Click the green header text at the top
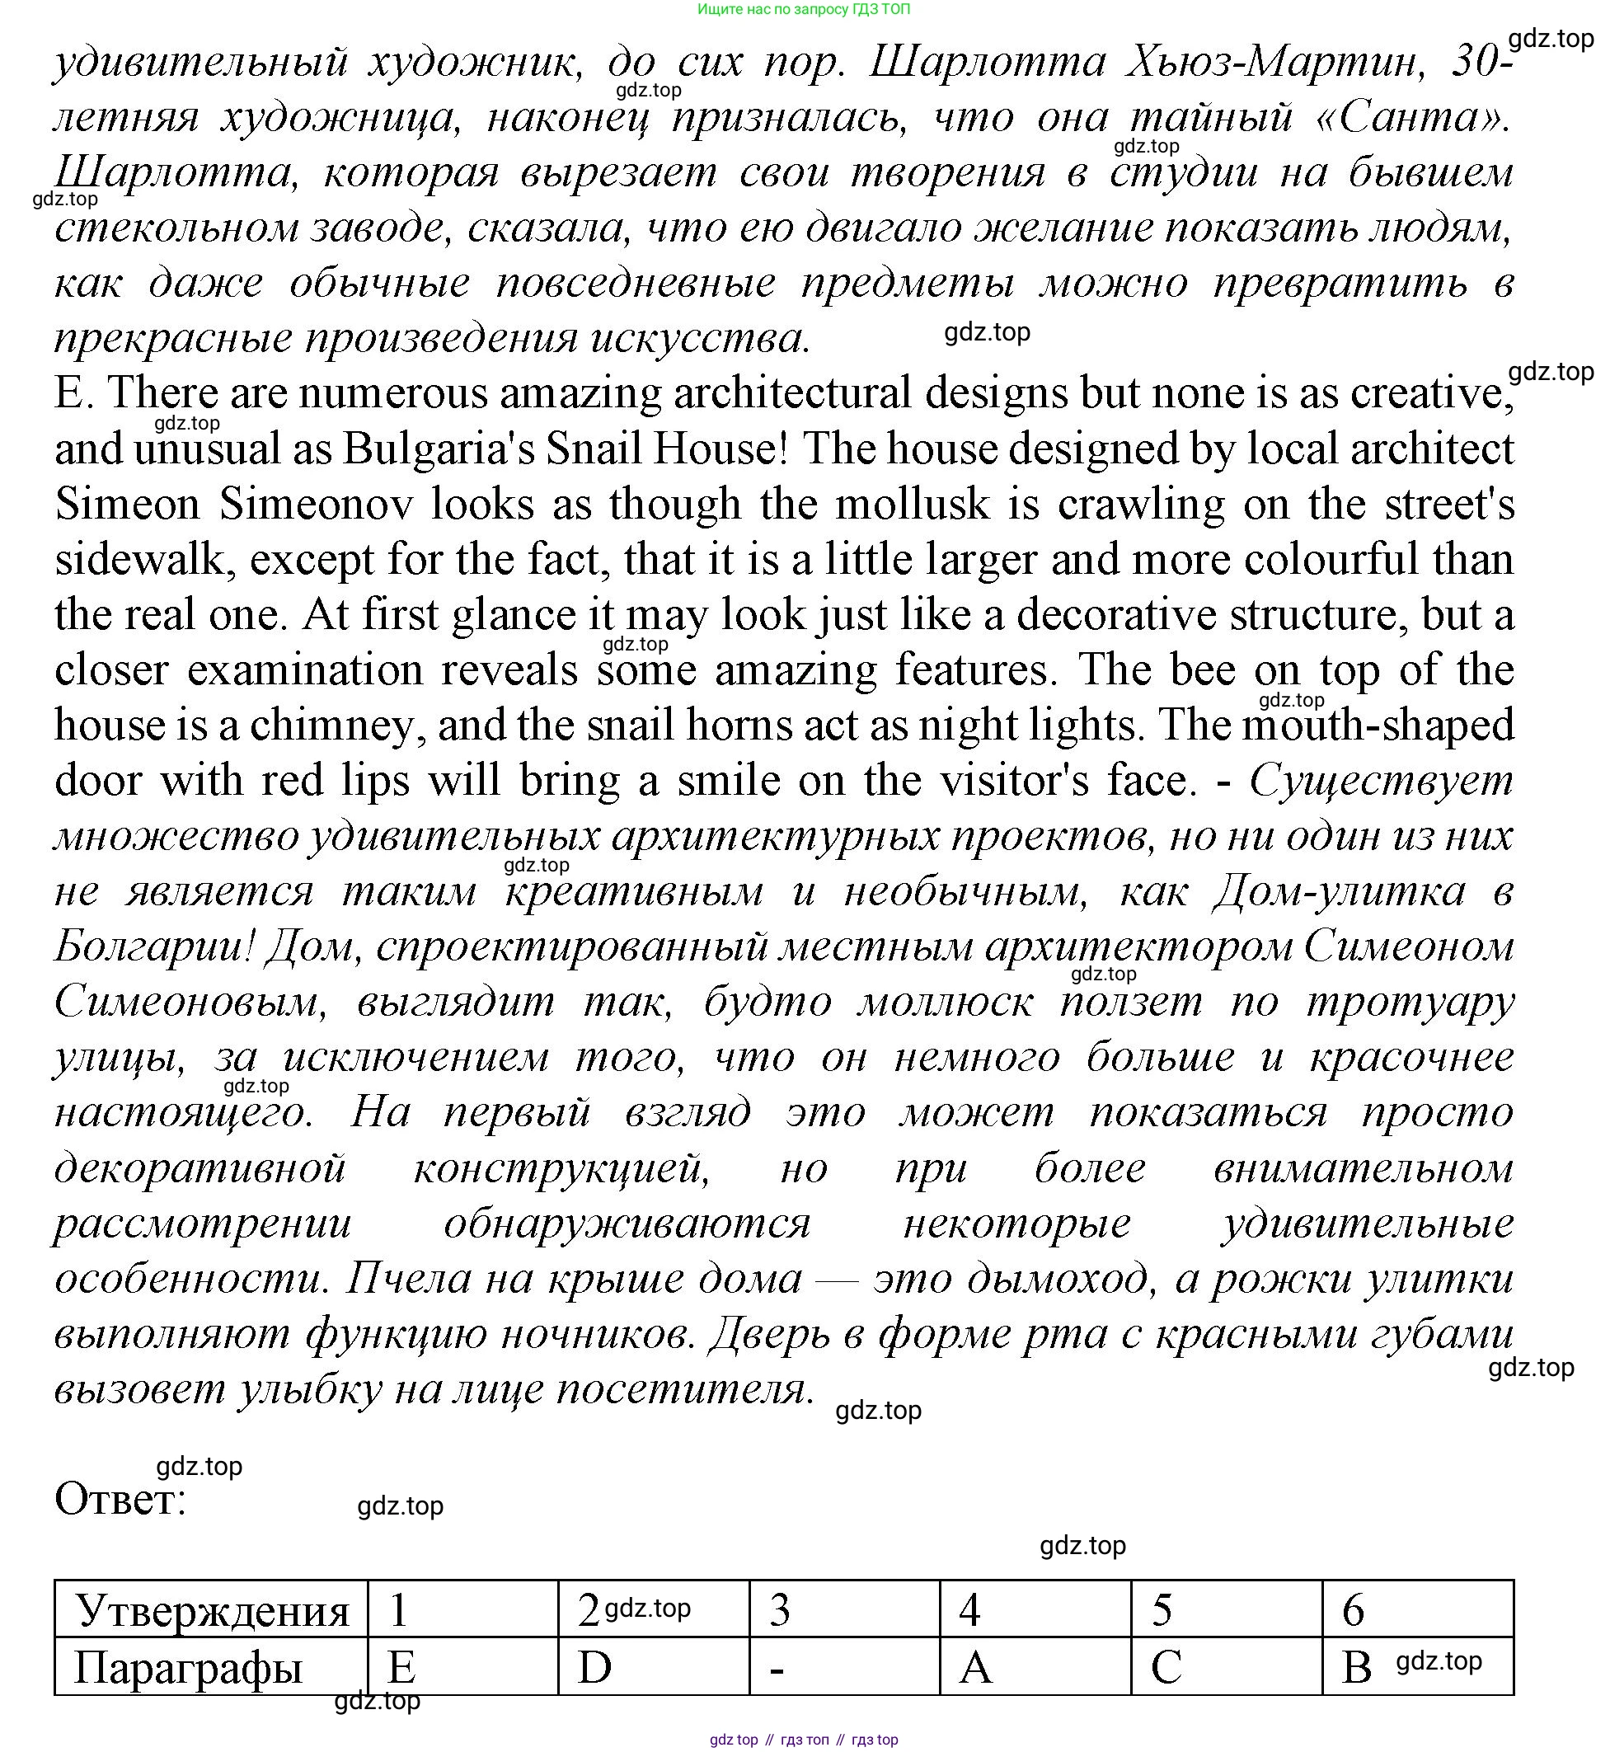pos(803,10)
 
